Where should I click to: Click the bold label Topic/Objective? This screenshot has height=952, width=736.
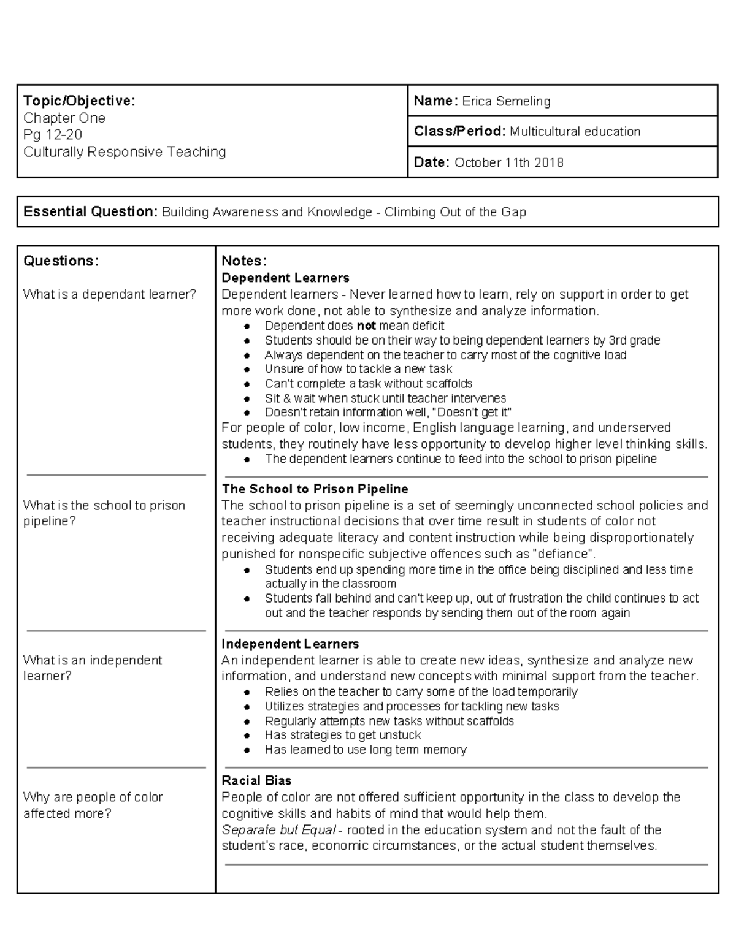pos(79,101)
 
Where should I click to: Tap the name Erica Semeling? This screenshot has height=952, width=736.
pos(506,102)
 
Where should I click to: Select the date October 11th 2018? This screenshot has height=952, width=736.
pos(508,162)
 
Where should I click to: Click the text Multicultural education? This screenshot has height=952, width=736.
pos(575,132)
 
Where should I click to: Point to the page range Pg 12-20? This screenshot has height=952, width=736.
pos(53,135)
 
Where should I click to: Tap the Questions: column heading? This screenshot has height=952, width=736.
pos(61,261)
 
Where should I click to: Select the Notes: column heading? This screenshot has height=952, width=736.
pos(243,261)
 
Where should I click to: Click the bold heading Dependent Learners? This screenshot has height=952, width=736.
pos(285,278)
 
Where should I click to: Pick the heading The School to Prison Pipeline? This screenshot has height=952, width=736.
pos(315,489)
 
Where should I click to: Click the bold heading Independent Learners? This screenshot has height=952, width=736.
pos(290,644)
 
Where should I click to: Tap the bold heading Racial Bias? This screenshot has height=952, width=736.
pos(256,781)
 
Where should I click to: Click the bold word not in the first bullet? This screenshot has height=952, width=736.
pos(366,326)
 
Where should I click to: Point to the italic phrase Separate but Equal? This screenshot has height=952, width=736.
pos(278,830)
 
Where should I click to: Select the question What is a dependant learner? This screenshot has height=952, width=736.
pos(110,295)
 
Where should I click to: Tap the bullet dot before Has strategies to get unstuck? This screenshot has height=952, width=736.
pos(247,736)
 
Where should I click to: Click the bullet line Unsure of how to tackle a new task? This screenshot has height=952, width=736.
pos(358,369)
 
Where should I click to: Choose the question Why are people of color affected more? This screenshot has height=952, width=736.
pos(93,805)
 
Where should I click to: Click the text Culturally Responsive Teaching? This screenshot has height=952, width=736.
pos(125,152)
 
